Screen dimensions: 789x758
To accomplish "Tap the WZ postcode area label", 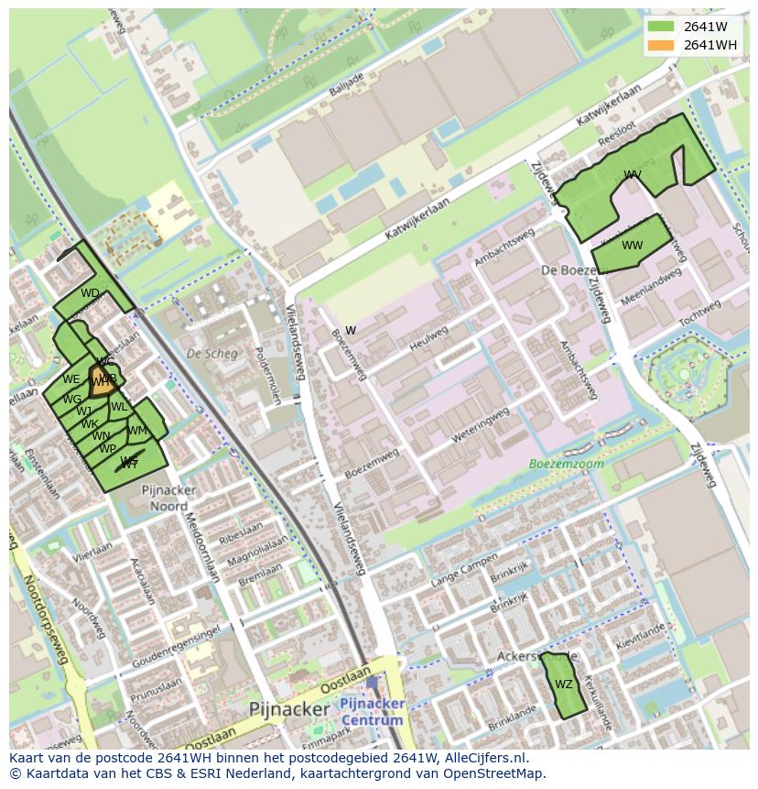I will tap(564, 685).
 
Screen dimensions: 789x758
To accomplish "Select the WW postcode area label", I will tap(633, 246).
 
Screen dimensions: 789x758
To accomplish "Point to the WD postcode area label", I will tap(90, 293).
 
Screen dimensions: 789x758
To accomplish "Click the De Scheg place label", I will tap(211, 354).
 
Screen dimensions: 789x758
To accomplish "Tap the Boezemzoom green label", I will tap(567, 464).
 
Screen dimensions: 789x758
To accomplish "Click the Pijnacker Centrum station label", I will tap(372, 711).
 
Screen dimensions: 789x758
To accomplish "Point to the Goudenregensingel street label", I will tap(176, 648).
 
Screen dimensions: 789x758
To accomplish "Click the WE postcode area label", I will tap(71, 379).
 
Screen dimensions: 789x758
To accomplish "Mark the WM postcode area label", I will tap(137, 431).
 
